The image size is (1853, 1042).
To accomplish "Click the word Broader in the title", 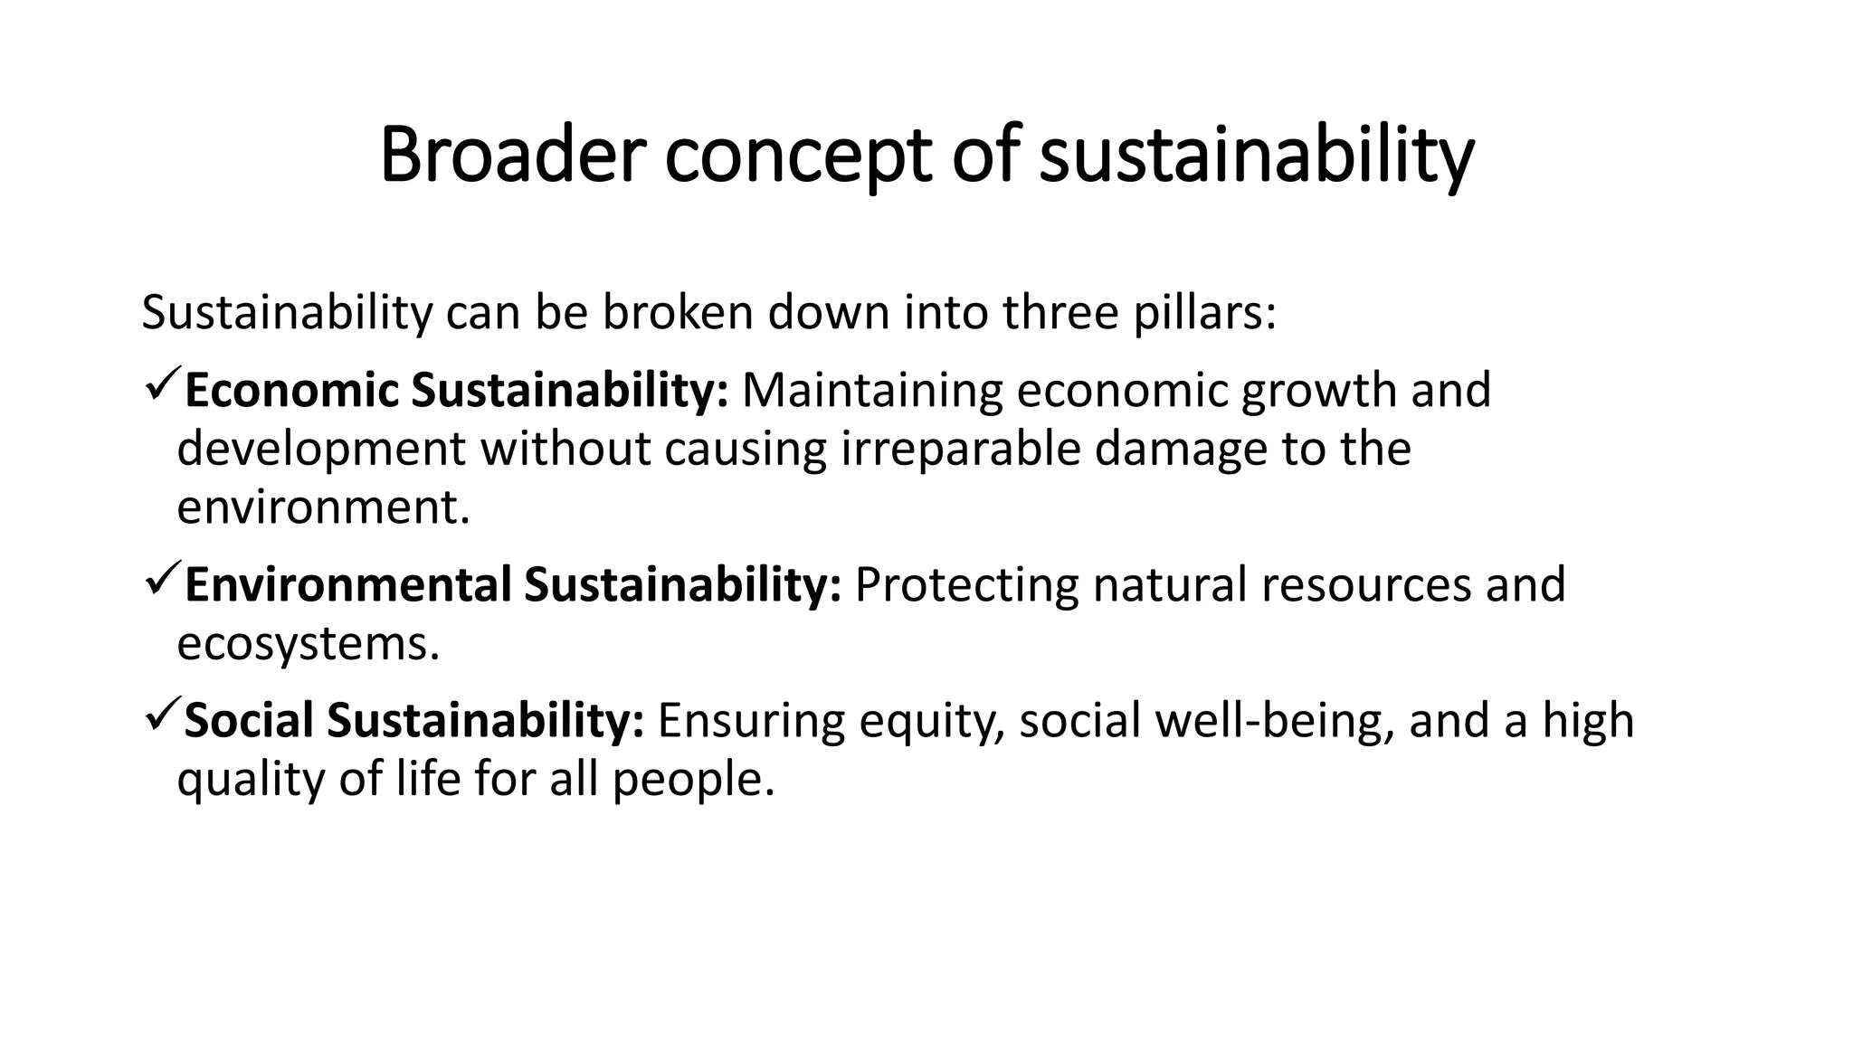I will pyautogui.click(x=514, y=156).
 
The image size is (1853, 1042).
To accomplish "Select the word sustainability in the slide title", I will pyautogui.click(x=1257, y=156).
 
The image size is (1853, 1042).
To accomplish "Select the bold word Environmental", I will pyautogui.click(x=348, y=584).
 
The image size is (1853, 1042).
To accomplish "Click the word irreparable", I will pyautogui.click(x=961, y=450).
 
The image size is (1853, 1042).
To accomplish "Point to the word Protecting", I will pyautogui.click(x=966, y=584).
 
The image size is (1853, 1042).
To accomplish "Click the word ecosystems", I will pyautogui.click(x=308, y=644).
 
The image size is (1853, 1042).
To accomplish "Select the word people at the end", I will pyautogui.click(x=693, y=779).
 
